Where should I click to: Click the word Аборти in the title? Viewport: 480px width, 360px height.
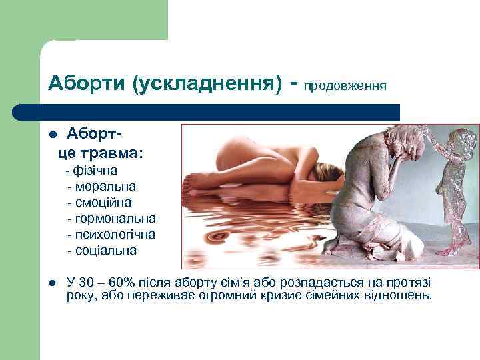[x=87, y=83]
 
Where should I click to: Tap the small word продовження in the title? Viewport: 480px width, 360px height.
[x=346, y=86]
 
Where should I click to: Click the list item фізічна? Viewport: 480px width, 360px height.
[x=97, y=171]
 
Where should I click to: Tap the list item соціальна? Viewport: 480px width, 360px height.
[x=107, y=251]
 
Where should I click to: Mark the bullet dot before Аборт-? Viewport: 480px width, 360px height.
[x=53, y=137]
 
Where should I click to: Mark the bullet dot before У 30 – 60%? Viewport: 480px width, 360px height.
[x=53, y=283]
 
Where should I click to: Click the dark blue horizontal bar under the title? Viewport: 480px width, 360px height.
[x=207, y=111]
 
